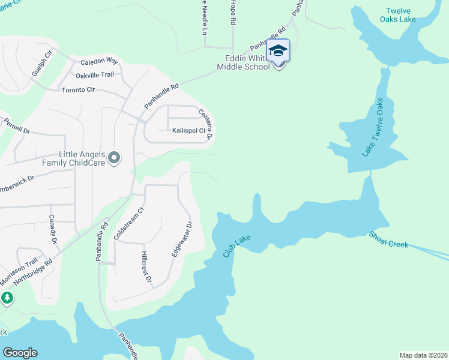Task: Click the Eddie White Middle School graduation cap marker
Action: (278, 50)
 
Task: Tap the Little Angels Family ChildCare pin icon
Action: (115, 158)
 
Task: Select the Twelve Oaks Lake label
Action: (400, 15)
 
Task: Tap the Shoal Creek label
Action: (388, 240)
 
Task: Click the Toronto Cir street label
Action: (79, 90)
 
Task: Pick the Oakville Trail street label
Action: (95, 75)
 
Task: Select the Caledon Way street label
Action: (100, 61)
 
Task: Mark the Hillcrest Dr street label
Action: (145, 268)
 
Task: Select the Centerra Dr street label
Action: (206, 124)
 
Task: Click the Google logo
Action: (20, 353)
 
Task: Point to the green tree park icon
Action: (7, 298)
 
